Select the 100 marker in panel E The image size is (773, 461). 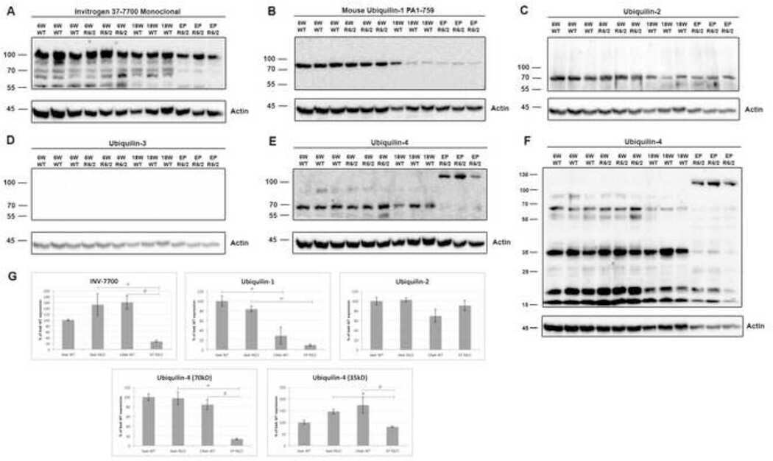pos(273,182)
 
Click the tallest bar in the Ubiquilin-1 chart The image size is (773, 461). pos(222,324)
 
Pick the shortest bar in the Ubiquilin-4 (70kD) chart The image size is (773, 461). pos(237,441)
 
